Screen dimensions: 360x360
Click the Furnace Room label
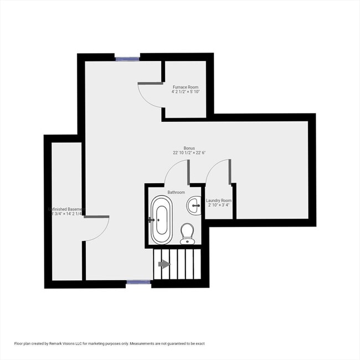tap(186, 87)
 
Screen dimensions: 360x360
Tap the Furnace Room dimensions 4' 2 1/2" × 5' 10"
tap(186, 92)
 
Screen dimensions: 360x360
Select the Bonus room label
tap(189, 148)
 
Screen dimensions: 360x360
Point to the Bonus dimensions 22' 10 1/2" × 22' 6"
tap(189, 153)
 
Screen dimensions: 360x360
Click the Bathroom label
tap(177, 192)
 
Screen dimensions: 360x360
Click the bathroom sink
tap(195, 205)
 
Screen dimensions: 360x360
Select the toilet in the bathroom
tap(188, 232)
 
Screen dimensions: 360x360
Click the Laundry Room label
tap(218, 200)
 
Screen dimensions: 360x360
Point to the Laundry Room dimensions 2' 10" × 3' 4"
tap(218, 205)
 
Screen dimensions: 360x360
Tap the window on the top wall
tap(127, 56)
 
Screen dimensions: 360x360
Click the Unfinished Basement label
tap(66, 209)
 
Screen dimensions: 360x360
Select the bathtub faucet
tap(151, 220)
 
